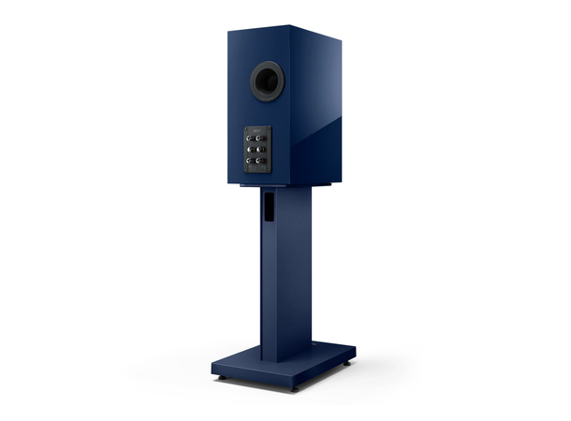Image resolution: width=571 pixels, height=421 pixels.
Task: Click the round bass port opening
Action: coord(267,81)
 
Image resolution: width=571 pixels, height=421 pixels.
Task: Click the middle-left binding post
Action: coord(250,149)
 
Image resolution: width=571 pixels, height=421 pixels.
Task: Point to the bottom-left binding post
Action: coord(250,161)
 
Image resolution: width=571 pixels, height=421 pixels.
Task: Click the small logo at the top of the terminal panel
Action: coord(255,130)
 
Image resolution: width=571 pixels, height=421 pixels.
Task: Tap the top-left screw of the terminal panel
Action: coord(246,128)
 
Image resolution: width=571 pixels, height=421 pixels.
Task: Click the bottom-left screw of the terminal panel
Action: coord(246,170)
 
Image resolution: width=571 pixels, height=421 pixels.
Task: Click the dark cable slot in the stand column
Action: coord(269,207)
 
